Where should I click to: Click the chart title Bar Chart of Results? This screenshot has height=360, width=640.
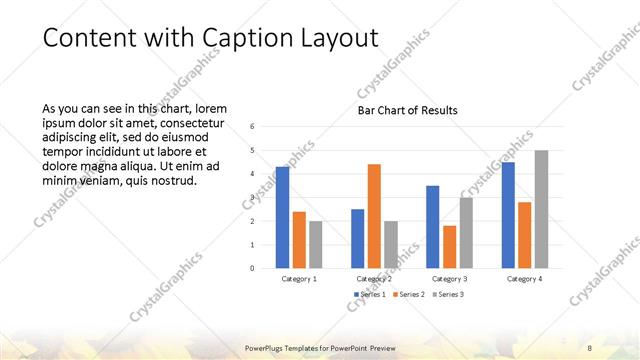point(408,110)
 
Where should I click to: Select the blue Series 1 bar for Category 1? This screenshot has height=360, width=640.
point(282,217)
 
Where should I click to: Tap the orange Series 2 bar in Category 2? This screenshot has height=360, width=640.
point(374,216)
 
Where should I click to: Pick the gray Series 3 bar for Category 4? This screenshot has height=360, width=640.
point(541,209)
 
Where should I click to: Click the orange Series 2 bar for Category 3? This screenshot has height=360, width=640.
point(449,247)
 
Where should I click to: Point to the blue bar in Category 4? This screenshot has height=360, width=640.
point(508,215)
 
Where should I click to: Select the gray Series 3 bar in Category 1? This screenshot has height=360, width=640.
point(316,244)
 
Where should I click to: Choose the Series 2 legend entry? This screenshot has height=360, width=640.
point(408,294)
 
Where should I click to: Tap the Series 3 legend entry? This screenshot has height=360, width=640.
point(448,294)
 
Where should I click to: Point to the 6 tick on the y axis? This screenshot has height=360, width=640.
point(253,127)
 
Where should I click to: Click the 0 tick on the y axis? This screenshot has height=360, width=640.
point(253,268)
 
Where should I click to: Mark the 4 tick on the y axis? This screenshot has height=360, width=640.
point(253,174)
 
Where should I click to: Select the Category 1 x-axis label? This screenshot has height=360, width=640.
point(299,279)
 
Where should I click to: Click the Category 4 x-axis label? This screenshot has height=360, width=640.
point(525,279)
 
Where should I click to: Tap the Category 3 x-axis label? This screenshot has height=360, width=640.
point(449,279)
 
